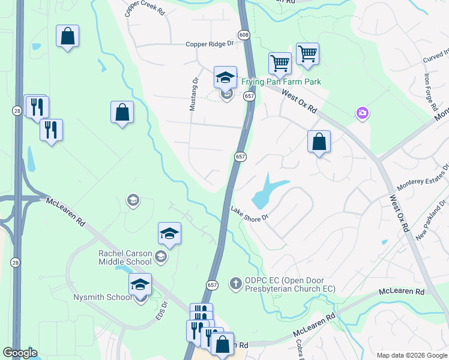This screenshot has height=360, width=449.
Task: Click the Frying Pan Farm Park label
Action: (x=281, y=82)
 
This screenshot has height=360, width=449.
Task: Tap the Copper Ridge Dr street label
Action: (x=209, y=44)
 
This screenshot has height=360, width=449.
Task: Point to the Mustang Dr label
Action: (x=193, y=95)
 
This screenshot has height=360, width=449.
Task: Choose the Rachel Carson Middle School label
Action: (x=125, y=257)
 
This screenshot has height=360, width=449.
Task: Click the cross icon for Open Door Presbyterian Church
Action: (x=237, y=282)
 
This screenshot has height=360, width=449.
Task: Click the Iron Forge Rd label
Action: (x=430, y=93)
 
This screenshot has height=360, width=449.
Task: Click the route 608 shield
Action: (x=244, y=35)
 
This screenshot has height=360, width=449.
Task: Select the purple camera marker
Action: (x=361, y=113)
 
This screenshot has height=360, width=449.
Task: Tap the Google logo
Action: (x=20, y=353)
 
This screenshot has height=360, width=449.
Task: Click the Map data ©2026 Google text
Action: (x=411, y=355)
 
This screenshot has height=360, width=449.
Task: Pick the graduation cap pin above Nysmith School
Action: (x=140, y=285)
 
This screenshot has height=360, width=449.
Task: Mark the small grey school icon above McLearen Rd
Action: (x=133, y=200)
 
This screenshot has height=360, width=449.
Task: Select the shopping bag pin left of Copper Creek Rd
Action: (x=68, y=36)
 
